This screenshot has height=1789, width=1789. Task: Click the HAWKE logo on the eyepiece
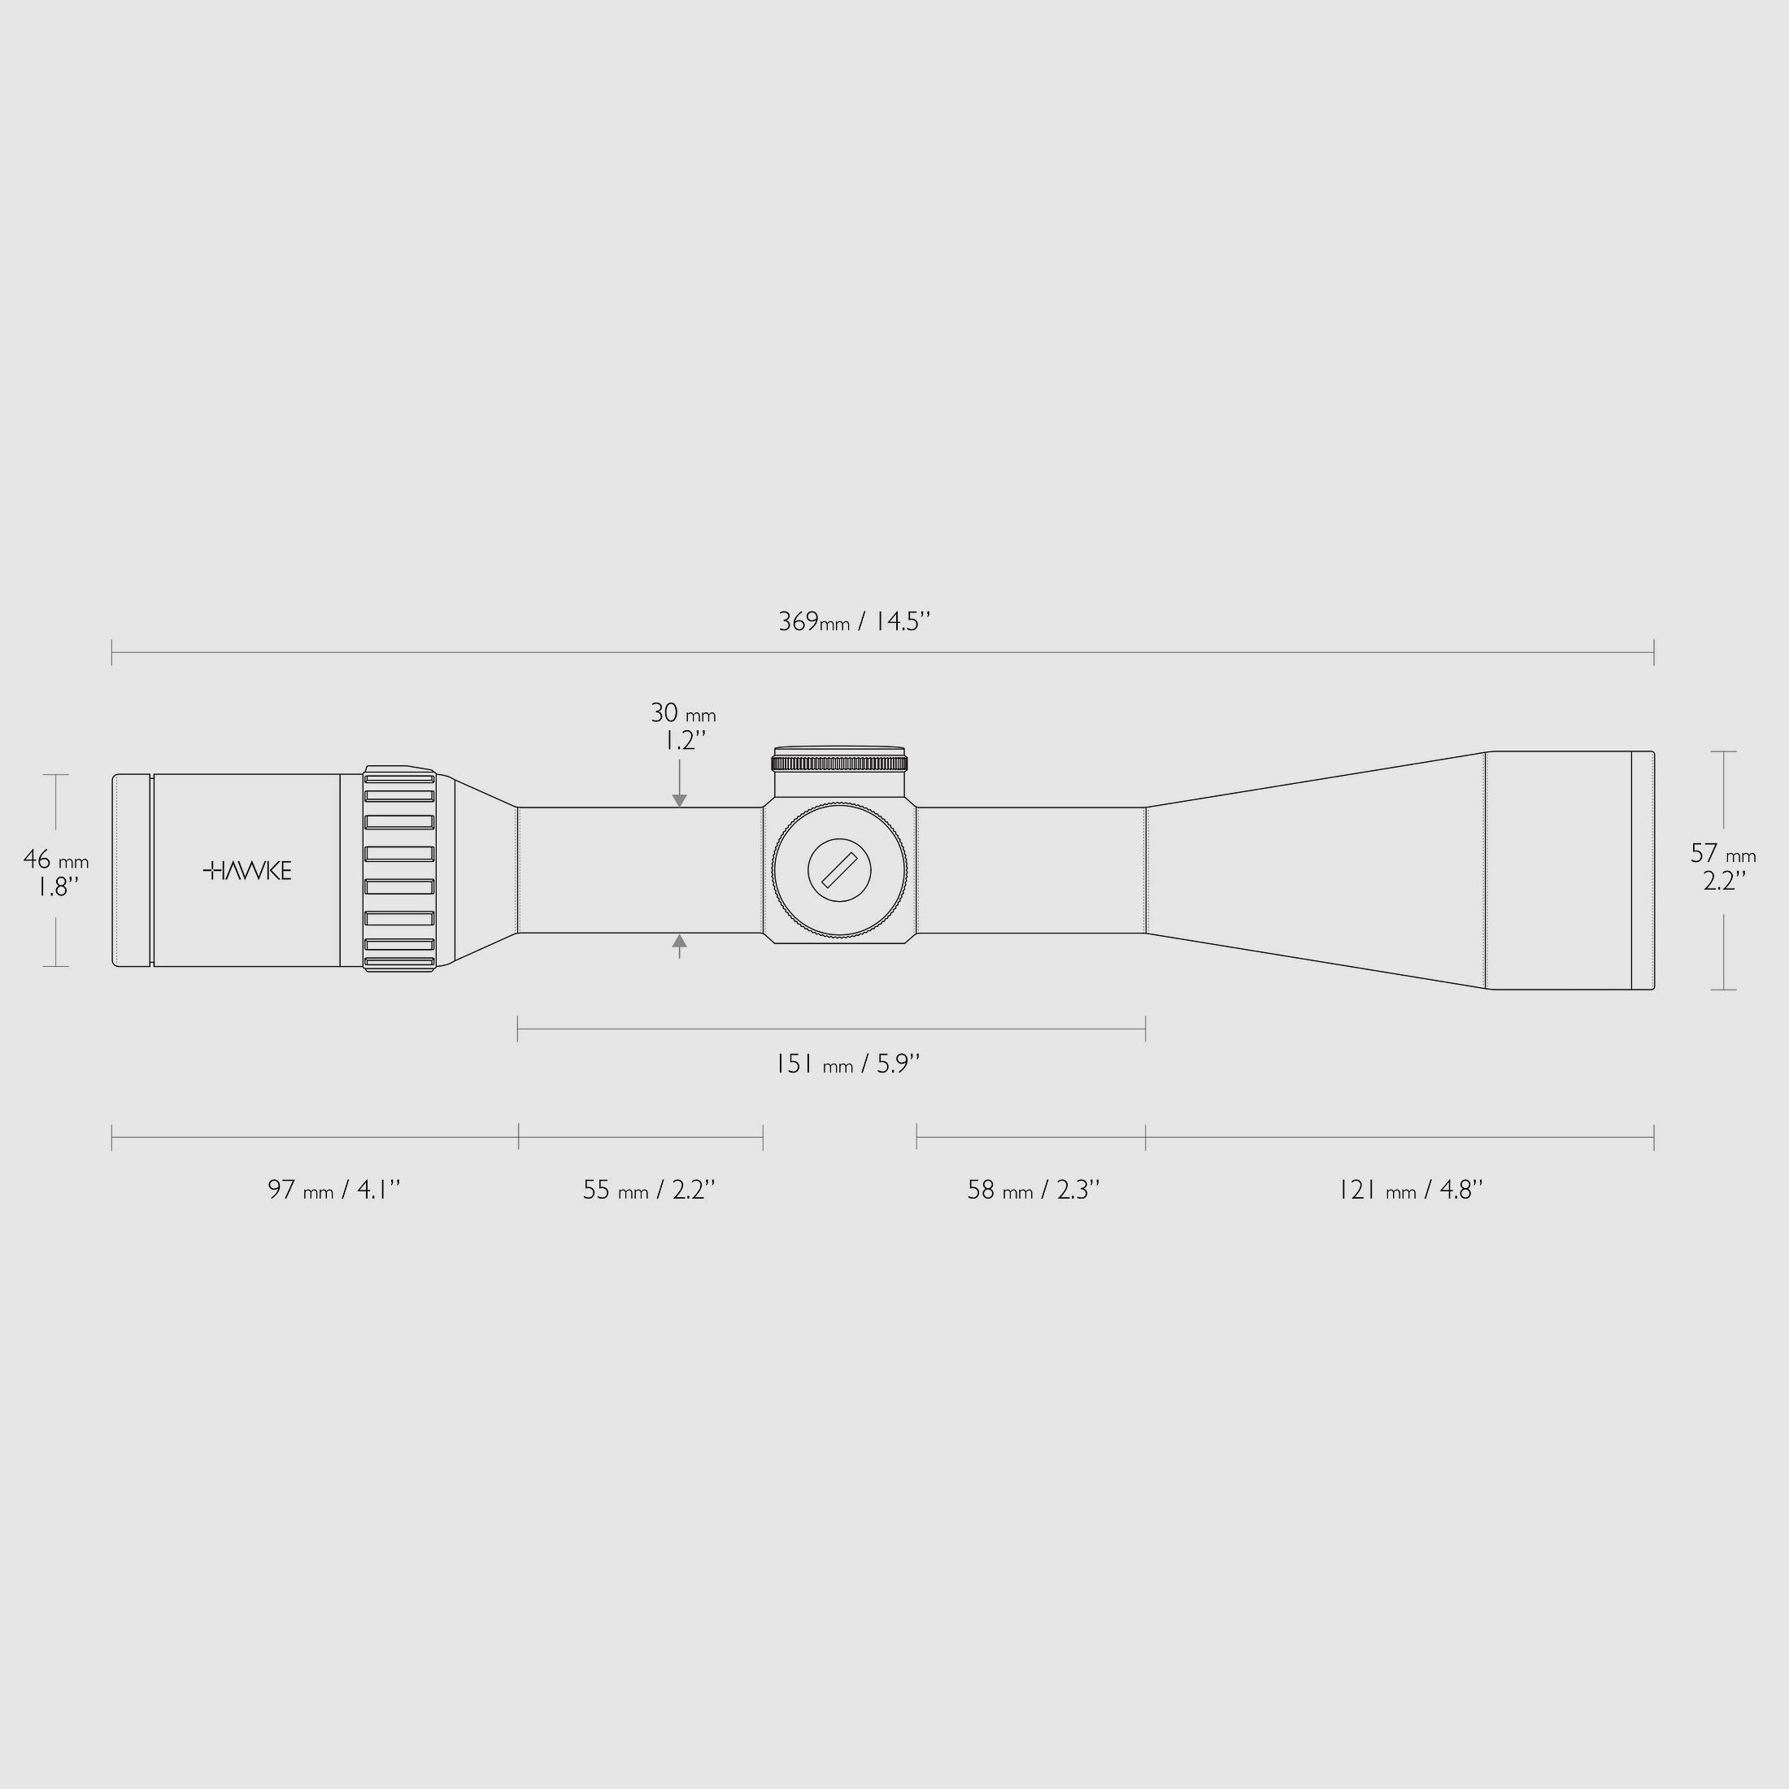pos(247,870)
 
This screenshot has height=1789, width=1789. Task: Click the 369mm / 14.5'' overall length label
pos(854,621)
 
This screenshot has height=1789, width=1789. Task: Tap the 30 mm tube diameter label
pos(682,714)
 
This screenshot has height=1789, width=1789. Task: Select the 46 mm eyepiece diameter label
pos(55,860)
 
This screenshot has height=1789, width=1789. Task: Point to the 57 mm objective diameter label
pos(1722,853)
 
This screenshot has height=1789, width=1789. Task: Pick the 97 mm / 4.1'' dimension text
pos(334,1190)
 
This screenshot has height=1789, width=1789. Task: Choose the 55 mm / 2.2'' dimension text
pos(648,1190)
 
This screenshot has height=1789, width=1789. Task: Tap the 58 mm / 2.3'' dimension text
pos(1034,1190)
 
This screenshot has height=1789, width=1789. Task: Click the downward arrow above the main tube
pos(680,799)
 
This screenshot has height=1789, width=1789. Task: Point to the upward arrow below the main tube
pos(680,942)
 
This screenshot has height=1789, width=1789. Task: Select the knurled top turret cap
pos(840,762)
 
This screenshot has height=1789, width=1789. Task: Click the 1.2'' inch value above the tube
pos(686,741)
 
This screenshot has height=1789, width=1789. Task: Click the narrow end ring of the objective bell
pos(1642,870)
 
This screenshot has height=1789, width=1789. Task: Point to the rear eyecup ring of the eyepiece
pos(132,870)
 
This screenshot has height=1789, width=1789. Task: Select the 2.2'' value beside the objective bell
pos(1724,881)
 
